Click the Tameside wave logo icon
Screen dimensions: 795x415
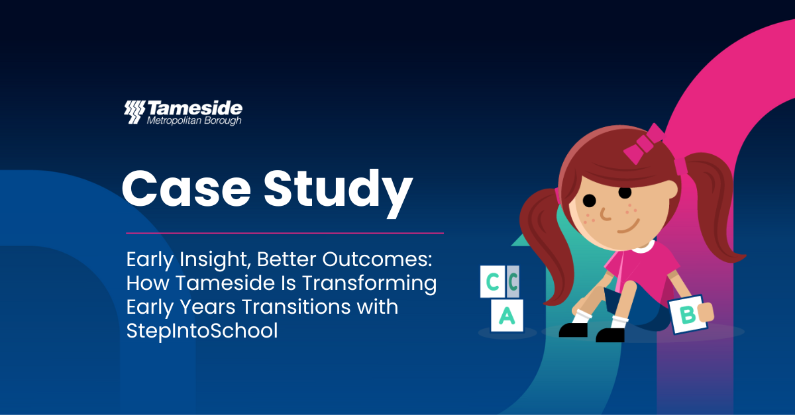pyautogui.click(x=134, y=112)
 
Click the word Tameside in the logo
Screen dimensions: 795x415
pyautogui.click(x=195, y=108)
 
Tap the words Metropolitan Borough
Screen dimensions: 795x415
pyautogui.click(x=194, y=121)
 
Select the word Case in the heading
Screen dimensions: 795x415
pyautogui.click(x=186, y=188)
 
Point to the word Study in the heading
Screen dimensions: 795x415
pyautogui.click(x=339, y=193)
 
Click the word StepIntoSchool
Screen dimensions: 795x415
pyautogui.click(x=202, y=330)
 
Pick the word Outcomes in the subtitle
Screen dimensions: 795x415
pyautogui.click(x=377, y=259)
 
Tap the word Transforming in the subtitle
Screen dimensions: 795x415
pyautogui.click(x=370, y=284)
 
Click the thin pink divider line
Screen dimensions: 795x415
pyautogui.click(x=285, y=233)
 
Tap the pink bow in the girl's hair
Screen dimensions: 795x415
pyautogui.click(x=643, y=144)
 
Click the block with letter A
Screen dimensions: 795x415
pyautogui.click(x=507, y=315)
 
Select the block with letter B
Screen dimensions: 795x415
pyautogui.click(x=688, y=314)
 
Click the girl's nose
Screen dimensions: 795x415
pyautogui.click(x=605, y=214)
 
